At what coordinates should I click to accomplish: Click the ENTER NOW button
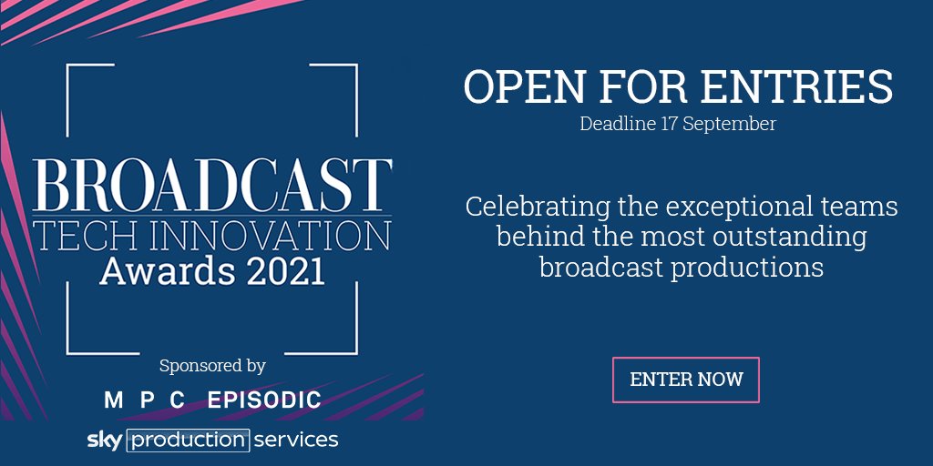pyautogui.click(x=686, y=380)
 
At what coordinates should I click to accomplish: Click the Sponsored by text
pyautogui.click(x=212, y=366)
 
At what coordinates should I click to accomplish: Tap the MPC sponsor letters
pyautogui.click(x=145, y=400)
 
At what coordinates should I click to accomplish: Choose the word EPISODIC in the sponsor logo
pyautogui.click(x=264, y=400)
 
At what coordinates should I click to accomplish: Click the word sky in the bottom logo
pyautogui.click(x=105, y=440)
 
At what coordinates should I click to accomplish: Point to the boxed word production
pyautogui.click(x=188, y=441)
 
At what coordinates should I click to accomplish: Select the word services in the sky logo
pyautogui.click(x=296, y=441)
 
